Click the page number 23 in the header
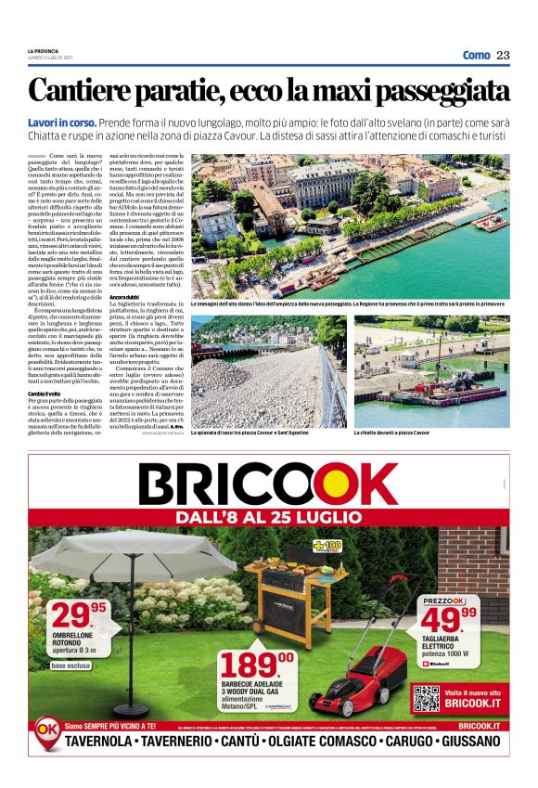[503, 55]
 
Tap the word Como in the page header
[476, 55]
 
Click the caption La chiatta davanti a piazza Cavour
[392, 433]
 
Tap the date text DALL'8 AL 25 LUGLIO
[269, 515]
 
